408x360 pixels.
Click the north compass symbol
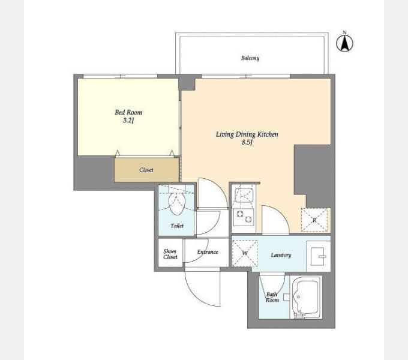point(344,43)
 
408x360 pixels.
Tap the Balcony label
point(250,58)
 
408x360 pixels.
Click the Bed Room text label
point(128,112)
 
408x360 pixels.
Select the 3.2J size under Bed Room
point(128,121)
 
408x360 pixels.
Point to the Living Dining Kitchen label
point(247,134)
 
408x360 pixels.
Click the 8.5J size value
point(247,142)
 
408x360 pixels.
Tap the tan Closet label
point(146,170)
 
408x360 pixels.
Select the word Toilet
point(177,226)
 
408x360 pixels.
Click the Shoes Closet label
point(170,254)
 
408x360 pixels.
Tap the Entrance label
point(208,252)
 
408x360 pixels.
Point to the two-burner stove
point(244,217)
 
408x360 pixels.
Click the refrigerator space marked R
point(314,220)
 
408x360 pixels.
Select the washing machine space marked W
point(245,253)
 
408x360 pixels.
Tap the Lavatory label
point(281,255)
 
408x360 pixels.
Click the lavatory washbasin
point(318,256)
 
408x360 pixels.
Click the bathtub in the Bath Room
point(306,297)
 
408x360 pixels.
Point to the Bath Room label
point(272,297)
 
